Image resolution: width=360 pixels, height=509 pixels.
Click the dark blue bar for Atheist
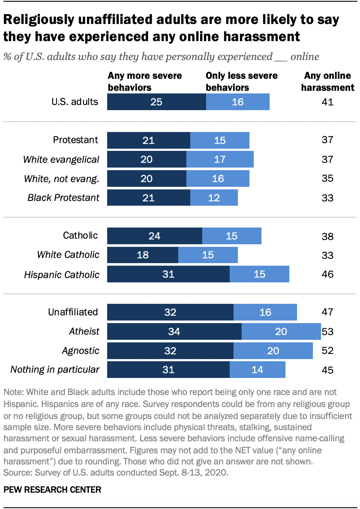pos(174,332)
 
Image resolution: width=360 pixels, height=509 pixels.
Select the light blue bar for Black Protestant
pos(214,198)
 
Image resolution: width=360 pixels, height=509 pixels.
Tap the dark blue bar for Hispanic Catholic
pos(168,274)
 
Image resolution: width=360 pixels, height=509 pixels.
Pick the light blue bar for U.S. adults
pos(238,102)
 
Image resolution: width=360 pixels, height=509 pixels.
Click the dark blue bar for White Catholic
pos(143,255)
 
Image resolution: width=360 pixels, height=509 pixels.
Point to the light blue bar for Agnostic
pos(273,351)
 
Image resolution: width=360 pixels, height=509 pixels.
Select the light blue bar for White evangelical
pos(220,159)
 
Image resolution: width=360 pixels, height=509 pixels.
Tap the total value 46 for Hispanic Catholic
pos(327,274)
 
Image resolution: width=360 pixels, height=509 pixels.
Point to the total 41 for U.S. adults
pos(327,102)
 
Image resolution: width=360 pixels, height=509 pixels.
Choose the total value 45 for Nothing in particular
pos(327,370)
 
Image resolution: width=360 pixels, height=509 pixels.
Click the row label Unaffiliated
pos(73,312)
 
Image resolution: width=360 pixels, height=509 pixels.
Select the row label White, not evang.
pos(62,178)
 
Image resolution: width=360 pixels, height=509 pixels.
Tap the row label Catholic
pos(80,235)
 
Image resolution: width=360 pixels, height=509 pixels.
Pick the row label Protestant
pos(75,140)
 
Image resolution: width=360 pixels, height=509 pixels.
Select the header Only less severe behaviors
pos(241,82)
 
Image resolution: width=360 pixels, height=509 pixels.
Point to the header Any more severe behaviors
pos(145,82)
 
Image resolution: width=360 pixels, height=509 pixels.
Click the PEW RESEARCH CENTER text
pos(52,490)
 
